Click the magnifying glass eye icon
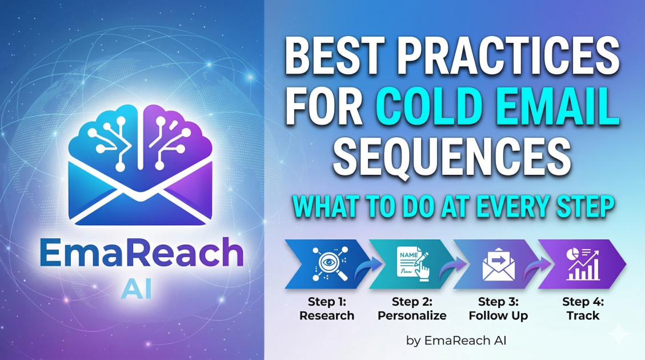[330, 264]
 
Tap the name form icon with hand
[413, 264]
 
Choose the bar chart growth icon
[583, 264]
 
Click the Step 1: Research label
[327, 309]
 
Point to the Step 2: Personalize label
[412, 309]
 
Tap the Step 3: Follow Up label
[499, 309]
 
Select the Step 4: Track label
[583, 309]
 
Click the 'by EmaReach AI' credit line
[456, 341]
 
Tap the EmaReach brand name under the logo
[142, 253]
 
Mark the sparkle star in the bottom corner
[618, 334]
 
